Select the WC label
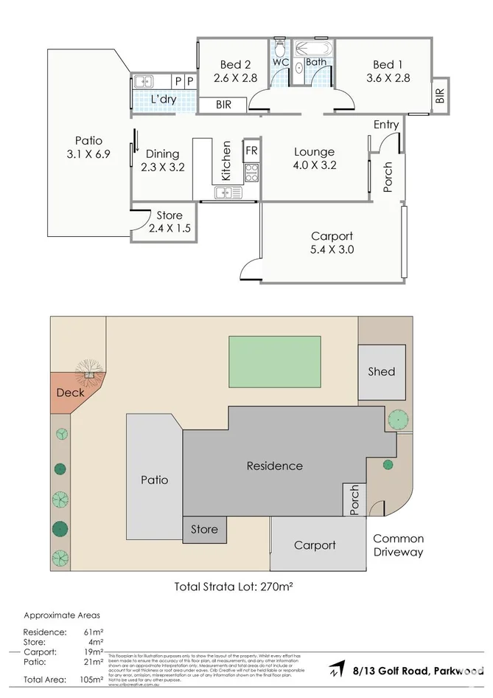tap(280, 62)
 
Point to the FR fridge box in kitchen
tap(251, 150)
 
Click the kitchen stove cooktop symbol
tap(251, 173)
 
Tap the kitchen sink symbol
tap(228, 193)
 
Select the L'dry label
tap(163, 100)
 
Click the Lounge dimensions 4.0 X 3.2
tap(314, 165)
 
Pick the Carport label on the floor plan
tap(332, 236)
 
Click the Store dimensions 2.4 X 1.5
tap(169, 229)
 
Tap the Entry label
tap(385, 125)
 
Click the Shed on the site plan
tap(382, 371)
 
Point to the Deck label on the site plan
tap(70, 393)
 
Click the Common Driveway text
tap(398, 545)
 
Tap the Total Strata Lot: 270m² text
tap(240, 587)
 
